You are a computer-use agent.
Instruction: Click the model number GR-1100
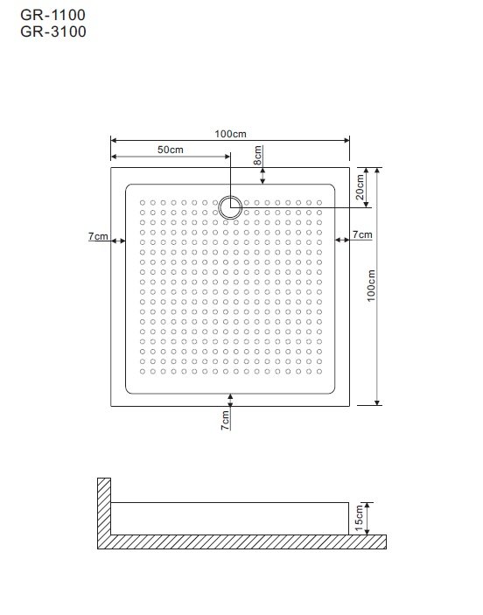[53, 15]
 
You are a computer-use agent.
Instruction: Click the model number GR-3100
[53, 31]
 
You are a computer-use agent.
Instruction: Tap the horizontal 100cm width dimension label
[230, 134]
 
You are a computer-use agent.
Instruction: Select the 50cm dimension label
[171, 150]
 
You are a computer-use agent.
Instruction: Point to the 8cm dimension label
[257, 156]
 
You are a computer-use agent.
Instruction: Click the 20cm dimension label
[360, 186]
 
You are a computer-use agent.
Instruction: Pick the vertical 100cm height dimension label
[371, 285]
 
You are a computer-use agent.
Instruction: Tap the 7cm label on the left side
[98, 236]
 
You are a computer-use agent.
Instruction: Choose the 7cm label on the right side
[362, 234]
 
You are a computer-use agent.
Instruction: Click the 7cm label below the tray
[225, 421]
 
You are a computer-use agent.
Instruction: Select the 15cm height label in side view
[359, 518]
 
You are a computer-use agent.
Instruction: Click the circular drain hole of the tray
[230, 207]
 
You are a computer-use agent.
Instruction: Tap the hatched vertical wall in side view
[104, 506]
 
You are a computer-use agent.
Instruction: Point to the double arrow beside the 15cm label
[367, 519]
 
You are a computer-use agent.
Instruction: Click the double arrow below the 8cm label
[262, 176]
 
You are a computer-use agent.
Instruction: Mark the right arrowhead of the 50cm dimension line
[227, 157]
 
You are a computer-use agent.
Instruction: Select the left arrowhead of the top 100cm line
[114, 140]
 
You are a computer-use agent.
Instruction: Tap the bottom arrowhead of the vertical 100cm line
[377, 402]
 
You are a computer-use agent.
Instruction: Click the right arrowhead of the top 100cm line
[346, 140]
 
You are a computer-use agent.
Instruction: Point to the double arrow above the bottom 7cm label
[230, 400]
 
